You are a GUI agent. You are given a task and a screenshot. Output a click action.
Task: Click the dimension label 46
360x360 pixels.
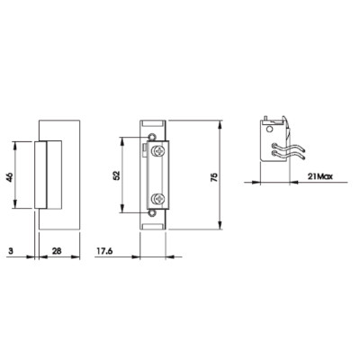pyautogui.click(x=9, y=177)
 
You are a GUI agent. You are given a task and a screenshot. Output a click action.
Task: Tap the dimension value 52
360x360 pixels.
pyautogui.click(x=117, y=175)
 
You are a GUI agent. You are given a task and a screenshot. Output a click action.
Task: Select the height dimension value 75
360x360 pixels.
pyautogui.click(x=214, y=177)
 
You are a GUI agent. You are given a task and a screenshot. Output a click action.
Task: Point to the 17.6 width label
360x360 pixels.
pyautogui.click(x=104, y=251)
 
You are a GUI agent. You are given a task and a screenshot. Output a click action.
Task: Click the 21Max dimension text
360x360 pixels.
pyautogui.click(x=320, y=176)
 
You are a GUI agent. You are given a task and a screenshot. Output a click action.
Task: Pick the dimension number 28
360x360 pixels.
pyautogui.click(x=57, y=251)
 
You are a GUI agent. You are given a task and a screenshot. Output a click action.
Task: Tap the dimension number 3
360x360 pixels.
pyautogui.click(x=11, y=251)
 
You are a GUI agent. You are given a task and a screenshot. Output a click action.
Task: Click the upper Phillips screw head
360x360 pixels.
pyautogui.click(x=158, y=151)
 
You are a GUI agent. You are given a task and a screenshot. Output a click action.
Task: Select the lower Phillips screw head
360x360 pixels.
pyautogui.click(x=158, y=198)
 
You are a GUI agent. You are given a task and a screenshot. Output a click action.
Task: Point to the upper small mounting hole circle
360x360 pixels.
pyautogui.click(x=153, y=137)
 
